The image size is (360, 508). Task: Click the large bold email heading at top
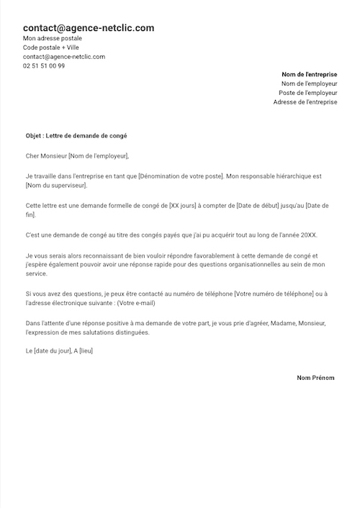(89, 28)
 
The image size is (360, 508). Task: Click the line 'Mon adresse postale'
(53, 38)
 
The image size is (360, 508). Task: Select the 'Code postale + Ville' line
(51, 47)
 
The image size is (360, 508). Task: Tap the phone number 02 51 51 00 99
(44, 65)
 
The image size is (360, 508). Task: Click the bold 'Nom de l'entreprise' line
(309, 74)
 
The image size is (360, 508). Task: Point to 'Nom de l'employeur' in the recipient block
(309, 83)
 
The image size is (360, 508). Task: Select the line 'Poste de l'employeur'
(307, 93)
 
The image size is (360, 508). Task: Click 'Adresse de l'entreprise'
(305, 102)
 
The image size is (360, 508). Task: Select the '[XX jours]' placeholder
(186, 205)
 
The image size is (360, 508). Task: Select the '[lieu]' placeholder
(86, 350)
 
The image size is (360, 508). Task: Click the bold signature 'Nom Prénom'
(315, 378)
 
